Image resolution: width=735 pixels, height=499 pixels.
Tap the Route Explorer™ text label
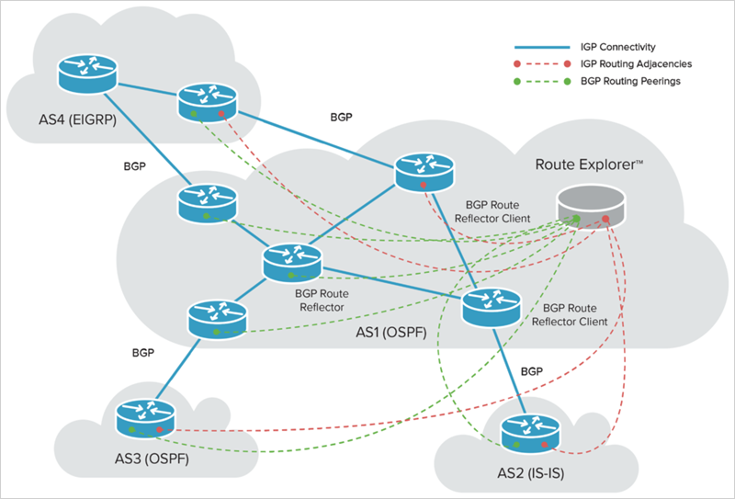(588, 165)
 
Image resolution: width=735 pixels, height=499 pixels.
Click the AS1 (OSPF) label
(392, 330)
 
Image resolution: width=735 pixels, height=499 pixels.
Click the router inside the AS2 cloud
(529, 434)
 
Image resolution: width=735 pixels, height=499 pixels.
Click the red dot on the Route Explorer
(605, 219)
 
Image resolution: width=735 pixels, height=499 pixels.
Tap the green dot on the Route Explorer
(577, 219)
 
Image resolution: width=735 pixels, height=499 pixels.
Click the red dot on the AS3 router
(159, 429)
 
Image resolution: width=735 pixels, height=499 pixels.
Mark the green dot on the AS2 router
(517, 444)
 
